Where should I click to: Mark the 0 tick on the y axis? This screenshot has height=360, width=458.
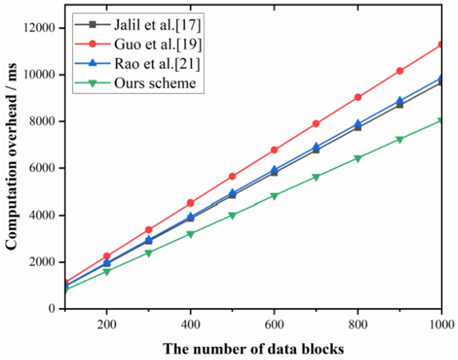[53, 309]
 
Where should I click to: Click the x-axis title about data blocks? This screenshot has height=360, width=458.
[253, 349]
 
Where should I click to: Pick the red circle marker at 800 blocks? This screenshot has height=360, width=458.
[358, 97]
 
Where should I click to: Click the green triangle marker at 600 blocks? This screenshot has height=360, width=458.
[274, 196]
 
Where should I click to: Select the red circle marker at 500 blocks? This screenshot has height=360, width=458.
[232, 176]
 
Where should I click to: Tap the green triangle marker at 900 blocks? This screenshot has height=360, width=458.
[400, 140]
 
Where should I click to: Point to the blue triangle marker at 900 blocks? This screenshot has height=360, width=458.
[400, 101]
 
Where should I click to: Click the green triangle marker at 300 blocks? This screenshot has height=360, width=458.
[148, 253]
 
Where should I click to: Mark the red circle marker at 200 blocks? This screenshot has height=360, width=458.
[106, 256]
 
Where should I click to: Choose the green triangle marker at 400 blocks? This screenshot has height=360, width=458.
[191, 234]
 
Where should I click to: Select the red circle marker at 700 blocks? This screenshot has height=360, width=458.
[316, 123]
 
